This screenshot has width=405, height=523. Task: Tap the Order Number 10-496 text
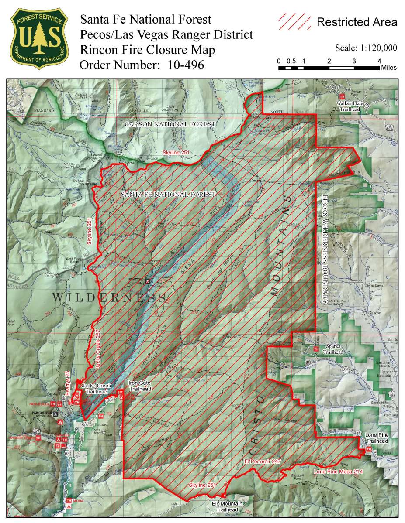[x=142, y=65]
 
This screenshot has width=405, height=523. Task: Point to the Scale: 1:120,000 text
[x=366, y=48]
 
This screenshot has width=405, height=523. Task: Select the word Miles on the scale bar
[x=389, y=68]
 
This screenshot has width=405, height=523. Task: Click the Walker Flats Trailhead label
[x=347, y=106]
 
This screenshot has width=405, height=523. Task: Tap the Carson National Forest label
[x=170, y=124]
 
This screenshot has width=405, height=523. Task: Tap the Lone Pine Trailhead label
[x=377, y=438]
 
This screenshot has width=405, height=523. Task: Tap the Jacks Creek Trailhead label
[x=97, y=388]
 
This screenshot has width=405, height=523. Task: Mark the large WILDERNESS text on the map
[x=109, y=298]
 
